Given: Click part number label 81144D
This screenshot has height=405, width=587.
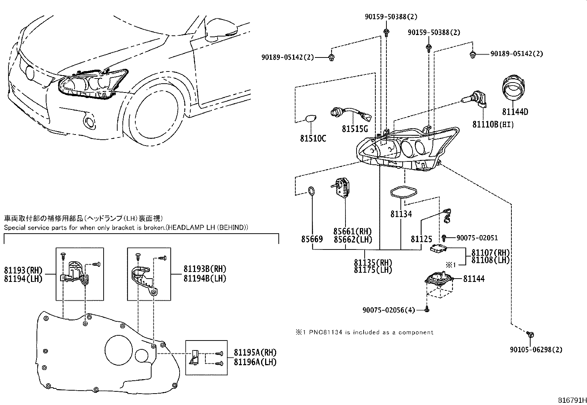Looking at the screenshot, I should pos(515,112).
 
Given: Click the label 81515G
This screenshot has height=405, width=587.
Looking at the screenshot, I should pos(355,129).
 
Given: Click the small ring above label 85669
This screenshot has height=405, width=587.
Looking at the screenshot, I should pos(312,191).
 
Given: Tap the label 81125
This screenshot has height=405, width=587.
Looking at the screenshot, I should pos(421,239).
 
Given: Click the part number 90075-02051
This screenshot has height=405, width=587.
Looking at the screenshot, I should pos(477,238).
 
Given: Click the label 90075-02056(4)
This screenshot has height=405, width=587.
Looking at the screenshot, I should pos(389,310).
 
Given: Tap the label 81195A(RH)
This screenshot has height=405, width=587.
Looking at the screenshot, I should pos(255,352).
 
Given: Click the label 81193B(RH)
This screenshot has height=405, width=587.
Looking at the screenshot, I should pos(205,269).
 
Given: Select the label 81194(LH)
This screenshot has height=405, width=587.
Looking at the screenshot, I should pos(23,279).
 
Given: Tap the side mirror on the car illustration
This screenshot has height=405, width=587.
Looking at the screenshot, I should pos(220,30).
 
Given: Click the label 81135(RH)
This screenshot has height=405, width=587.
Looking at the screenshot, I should pos(373,263).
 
